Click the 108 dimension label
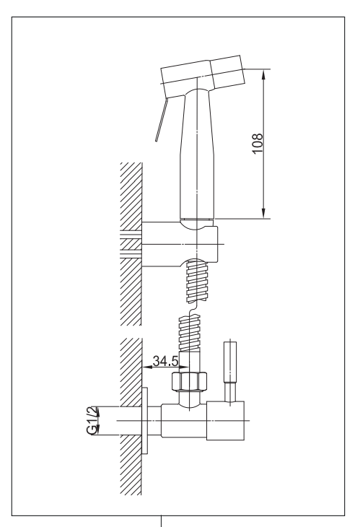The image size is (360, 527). pos(258,144)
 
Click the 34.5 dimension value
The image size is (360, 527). pos(165,361)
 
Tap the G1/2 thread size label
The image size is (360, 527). pos(92,420)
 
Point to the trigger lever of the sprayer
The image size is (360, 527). pos(161,120)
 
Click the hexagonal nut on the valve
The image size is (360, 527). pos(189,381)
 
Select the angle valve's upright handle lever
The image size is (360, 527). pos(230,371)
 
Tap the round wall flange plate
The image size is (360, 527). pos(145,420)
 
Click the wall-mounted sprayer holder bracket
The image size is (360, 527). pos(180,244)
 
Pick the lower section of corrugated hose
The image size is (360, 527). pos(190,334)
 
